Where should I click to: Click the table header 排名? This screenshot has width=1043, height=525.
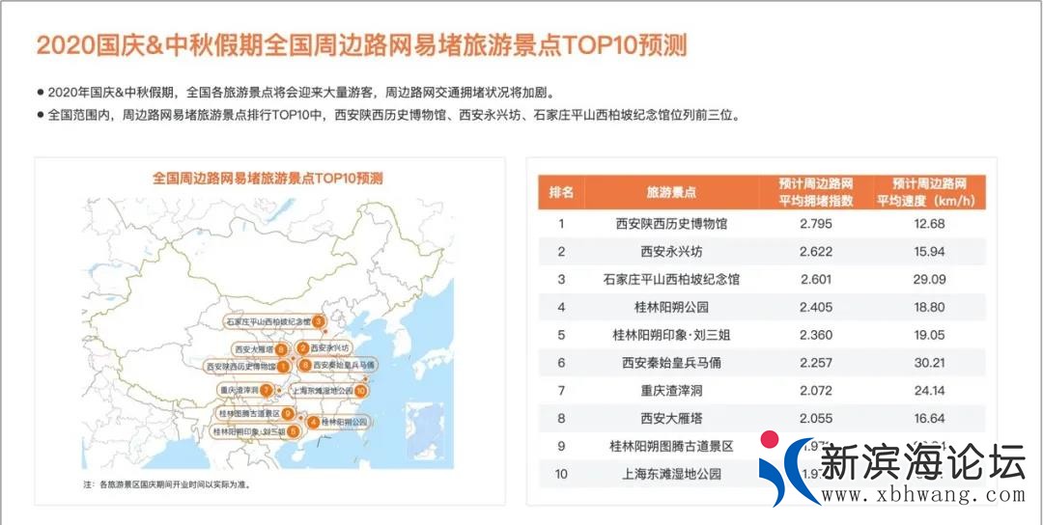coord(561,192)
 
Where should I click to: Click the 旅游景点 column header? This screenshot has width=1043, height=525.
coord(671,192)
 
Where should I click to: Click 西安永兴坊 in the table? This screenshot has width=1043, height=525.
coord(671,252)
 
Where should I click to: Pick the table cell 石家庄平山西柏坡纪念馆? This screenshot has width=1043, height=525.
coord(671,280)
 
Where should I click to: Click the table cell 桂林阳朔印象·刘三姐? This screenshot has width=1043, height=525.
coord(671,336)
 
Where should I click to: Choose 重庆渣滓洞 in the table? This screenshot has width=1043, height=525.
coord(671,392)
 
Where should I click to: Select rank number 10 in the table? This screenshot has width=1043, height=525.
coord(561,475)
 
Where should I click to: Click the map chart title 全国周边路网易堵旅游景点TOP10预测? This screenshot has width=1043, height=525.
coord(268,179)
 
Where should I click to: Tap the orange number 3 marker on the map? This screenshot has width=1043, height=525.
coord(317,321)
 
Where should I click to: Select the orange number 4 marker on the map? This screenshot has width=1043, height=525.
coord(313,422)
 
